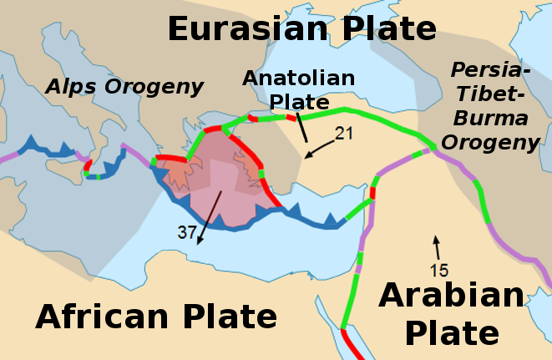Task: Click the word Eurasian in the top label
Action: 247,28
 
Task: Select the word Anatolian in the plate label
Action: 299,79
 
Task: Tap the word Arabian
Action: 452,296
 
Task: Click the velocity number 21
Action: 345,133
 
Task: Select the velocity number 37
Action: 186,232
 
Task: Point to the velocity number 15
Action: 439,270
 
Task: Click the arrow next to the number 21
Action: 318,146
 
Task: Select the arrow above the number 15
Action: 434,246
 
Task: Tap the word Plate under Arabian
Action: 452,332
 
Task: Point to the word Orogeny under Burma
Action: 489,142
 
